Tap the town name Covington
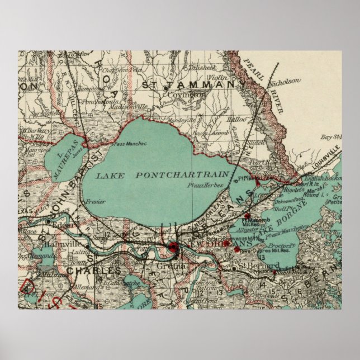187,95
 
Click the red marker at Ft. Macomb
248,214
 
